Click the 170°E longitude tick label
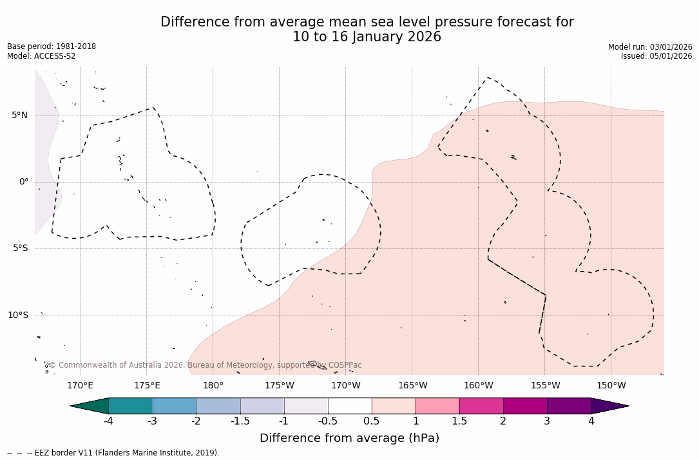click(x=80, y=386)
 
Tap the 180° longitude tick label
click(x=213, y=386)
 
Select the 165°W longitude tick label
click(x=412, y=386)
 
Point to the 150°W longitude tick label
click(x=611, y=386)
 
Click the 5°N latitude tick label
click(x=19, y=115)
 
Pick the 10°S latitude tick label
click(x=17, y=315)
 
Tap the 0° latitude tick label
click(x=24, y=182)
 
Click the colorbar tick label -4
click(x=108, y=421)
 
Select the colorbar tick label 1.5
click(x=459, y=421)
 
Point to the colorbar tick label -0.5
click(x=327, y=421)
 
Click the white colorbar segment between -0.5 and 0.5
click(x=350, y=406)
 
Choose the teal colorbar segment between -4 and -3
click(x=131, y=406)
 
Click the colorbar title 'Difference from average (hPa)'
click(x=349, y=438)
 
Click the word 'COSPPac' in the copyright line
click(x=345, y=365)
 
